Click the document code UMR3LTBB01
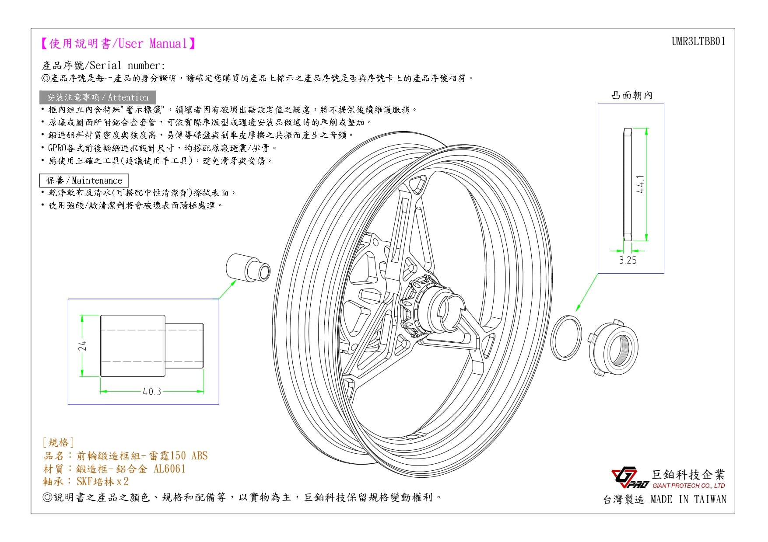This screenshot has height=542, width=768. click(x=698, y=42)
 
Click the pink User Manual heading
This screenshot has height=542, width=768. click(x=118, y=43)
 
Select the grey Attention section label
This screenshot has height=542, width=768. click(x=98, y=97)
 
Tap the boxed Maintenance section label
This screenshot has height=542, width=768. click(x=84, y=181)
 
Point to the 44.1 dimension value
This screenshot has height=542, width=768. click(x=640, y=184)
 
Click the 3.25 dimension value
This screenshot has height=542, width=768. click(x=628, y=260)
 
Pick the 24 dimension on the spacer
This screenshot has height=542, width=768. click(x=82, y=346)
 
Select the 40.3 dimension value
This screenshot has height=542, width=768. click(x=152, y=392)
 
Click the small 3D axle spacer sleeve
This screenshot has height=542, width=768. click(x=248, y=268)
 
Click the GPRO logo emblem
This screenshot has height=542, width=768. click(x=630, y=478)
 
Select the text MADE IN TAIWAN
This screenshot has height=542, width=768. click(x=688, y=500)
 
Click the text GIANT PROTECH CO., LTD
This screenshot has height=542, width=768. click(x=689, y=486)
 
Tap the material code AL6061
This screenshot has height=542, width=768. click(x=169, y=469)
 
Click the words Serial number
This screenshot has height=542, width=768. click(x=127, y=66)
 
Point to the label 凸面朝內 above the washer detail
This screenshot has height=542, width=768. click(x=632, y=95)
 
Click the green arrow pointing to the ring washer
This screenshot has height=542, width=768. click(x=587, y=292)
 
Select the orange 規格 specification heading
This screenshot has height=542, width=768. click(x=58, y=443)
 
